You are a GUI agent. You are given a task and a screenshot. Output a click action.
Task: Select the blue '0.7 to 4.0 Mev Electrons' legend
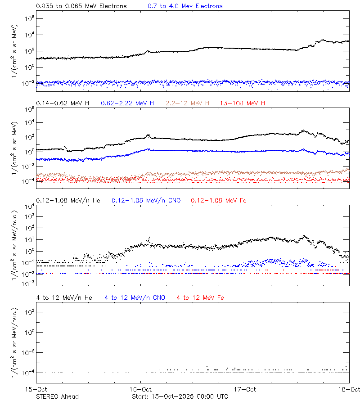tap(185, 6)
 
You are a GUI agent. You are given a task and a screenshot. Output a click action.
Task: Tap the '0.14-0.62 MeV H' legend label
tap(63, 103)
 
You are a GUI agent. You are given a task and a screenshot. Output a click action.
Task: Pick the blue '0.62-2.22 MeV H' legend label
tap(127, 103)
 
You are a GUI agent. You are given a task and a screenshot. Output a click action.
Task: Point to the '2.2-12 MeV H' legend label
tap(188, 103)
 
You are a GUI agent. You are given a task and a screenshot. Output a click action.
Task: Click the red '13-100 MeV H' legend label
tap(243, 103)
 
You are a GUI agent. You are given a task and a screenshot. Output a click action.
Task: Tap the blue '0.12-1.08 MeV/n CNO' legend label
tap(146, 200)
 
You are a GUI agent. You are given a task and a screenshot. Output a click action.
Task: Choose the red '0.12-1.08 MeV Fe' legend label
tap(218, 200)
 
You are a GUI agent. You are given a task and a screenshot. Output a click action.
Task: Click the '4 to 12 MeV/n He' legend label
tap(64, 297)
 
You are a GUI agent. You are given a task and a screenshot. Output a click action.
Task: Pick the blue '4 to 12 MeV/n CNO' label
tap(135, 297)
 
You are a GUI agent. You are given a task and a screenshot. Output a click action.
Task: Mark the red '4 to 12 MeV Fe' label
tap(200, 297)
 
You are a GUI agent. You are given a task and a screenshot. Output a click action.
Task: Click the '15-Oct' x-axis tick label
tap(36, 389)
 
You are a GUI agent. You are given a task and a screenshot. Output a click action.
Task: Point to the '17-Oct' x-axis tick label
tap(245, 389)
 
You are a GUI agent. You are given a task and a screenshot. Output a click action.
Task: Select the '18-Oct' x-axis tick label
tap(349, 389)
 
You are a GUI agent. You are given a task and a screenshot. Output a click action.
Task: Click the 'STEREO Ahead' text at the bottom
tap(57, 396)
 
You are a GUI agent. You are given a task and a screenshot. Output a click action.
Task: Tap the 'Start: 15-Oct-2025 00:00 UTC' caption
tap(180, 396)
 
